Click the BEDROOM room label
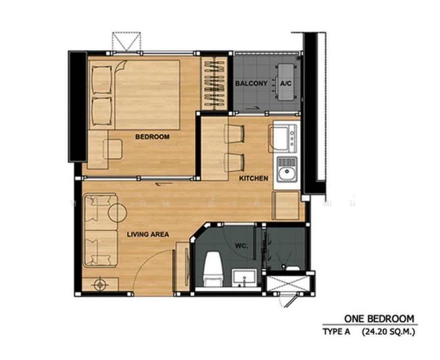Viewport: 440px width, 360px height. click(x=152, y=137)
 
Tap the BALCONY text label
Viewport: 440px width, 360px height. click(x=251, y=83)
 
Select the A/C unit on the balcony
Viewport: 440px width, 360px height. click(x=286, y=82)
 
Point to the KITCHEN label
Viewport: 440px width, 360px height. click(x=253, y=178)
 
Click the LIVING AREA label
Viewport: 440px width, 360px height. click(x=148, y=234)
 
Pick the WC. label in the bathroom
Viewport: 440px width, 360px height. click(x=241, y=246)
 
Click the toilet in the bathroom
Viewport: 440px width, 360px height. click(x=213, y=269)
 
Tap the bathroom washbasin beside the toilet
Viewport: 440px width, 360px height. click(x=244, y=278)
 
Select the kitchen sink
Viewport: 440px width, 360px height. click(x=287, y=169)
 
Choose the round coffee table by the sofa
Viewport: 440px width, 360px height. click(x=117, y=213)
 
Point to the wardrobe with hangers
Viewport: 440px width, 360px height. click(x=215, y=83)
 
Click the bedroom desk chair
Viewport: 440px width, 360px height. click(x=112, y=149)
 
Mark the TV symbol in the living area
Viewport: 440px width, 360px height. click(x=100, y=284)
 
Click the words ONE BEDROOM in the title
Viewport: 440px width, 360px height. click(x=379, y=319)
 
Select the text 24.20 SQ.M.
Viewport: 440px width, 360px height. click(x=388, y=332)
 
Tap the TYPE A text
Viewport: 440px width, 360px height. click(x=336, y=332)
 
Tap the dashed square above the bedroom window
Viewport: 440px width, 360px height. click(x=126, y=42)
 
